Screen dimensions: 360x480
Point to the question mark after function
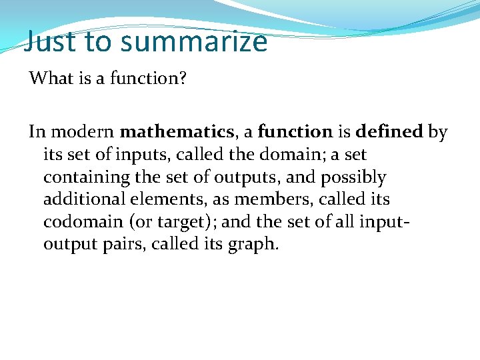point(183,79)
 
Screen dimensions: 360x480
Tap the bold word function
point(295,132)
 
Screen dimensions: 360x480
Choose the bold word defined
point(389,132)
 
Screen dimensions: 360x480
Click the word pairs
point(122,244)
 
